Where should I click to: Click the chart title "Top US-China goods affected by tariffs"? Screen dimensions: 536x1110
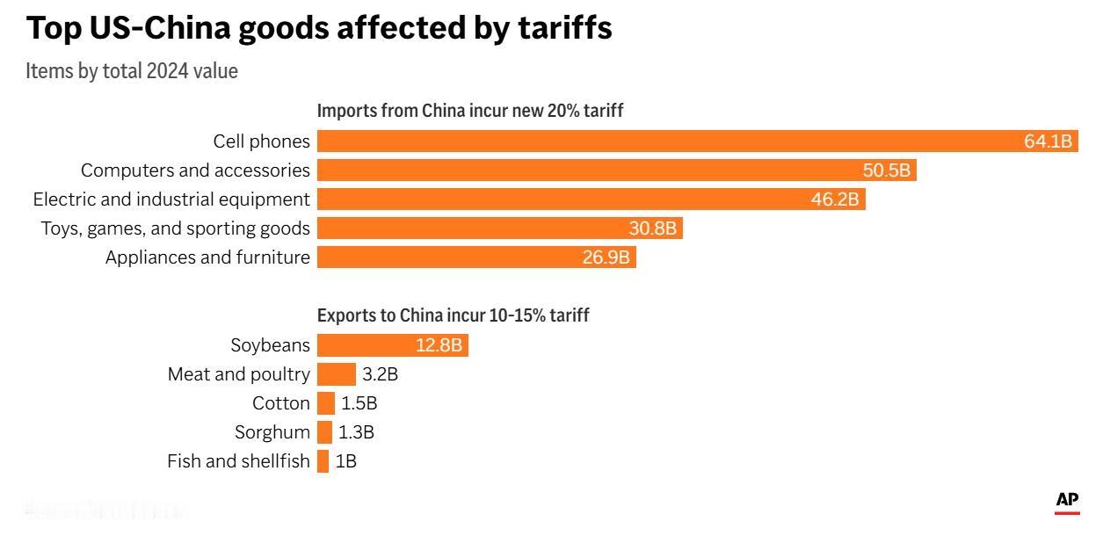(319, 28)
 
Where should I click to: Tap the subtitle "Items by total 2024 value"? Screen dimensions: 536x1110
(132, 71)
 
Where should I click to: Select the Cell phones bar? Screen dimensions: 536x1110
(668, 141)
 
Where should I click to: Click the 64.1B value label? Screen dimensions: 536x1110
(1048, 141)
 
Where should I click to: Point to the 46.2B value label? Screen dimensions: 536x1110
(834, 199)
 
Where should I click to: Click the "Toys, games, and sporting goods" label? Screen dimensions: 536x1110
(176, 228)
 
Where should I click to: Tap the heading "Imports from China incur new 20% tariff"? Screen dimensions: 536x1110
(470, 111)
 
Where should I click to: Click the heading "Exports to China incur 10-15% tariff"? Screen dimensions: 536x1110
(453, 315)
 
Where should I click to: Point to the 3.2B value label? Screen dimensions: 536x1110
(381, 374)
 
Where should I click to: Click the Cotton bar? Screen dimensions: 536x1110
(326, 403)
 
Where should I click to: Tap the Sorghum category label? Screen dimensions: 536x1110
(272, 432)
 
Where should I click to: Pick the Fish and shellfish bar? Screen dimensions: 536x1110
(323, 461)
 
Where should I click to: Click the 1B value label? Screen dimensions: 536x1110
(346, 461)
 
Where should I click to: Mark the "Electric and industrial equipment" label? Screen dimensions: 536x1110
(171, 199)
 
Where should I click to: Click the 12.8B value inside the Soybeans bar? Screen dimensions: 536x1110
(439, 345)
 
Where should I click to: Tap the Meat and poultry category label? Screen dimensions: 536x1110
(239, 374)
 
